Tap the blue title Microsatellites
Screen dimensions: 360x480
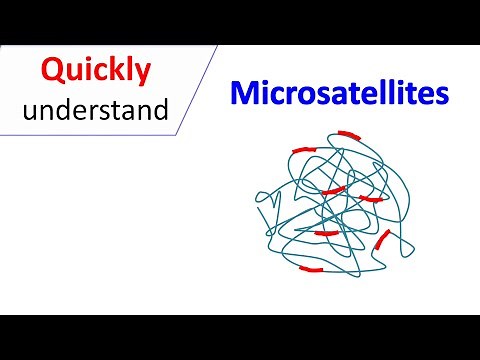click(x=339, y=93)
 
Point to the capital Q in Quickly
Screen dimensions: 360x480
click(x=53, y=71)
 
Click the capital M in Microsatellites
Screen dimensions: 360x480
click(x=243, y=93)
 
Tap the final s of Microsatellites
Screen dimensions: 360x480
click(x=441, y=96)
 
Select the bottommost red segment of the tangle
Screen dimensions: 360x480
click(x=312, y=268)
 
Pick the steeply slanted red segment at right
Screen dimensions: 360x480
click(x=381, y=240)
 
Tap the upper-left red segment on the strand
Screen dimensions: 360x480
click(x=303, y=150)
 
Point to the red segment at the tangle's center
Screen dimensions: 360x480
click(x=334, y=189)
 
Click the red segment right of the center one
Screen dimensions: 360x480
click(x=370, y=199)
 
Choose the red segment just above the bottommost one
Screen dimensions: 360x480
click(x=326, y=233)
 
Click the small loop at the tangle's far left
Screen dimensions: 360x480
click(x=263, y=211)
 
